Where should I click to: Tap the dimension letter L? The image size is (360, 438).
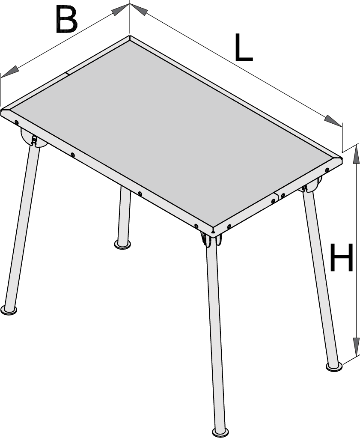pos(243,47)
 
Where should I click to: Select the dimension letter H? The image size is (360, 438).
pos(341,257)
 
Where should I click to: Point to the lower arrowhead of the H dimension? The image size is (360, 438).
pos(356,347)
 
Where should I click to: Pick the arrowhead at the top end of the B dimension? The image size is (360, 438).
pos(121,9)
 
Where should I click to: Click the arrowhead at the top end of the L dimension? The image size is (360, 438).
pos(139,9)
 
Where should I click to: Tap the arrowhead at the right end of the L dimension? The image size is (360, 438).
pos(333,121)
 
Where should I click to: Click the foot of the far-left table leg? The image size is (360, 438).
pos(9,310)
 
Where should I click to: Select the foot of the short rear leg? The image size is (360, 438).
pos(122,244)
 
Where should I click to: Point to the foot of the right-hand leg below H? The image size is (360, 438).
pos(334,367)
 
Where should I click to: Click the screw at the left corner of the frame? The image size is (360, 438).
pos(16,122)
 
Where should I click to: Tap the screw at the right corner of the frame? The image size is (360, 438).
pos(327,170)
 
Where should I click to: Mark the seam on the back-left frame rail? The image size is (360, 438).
pos(67,74)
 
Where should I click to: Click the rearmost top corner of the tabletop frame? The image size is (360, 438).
pos(130,36)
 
